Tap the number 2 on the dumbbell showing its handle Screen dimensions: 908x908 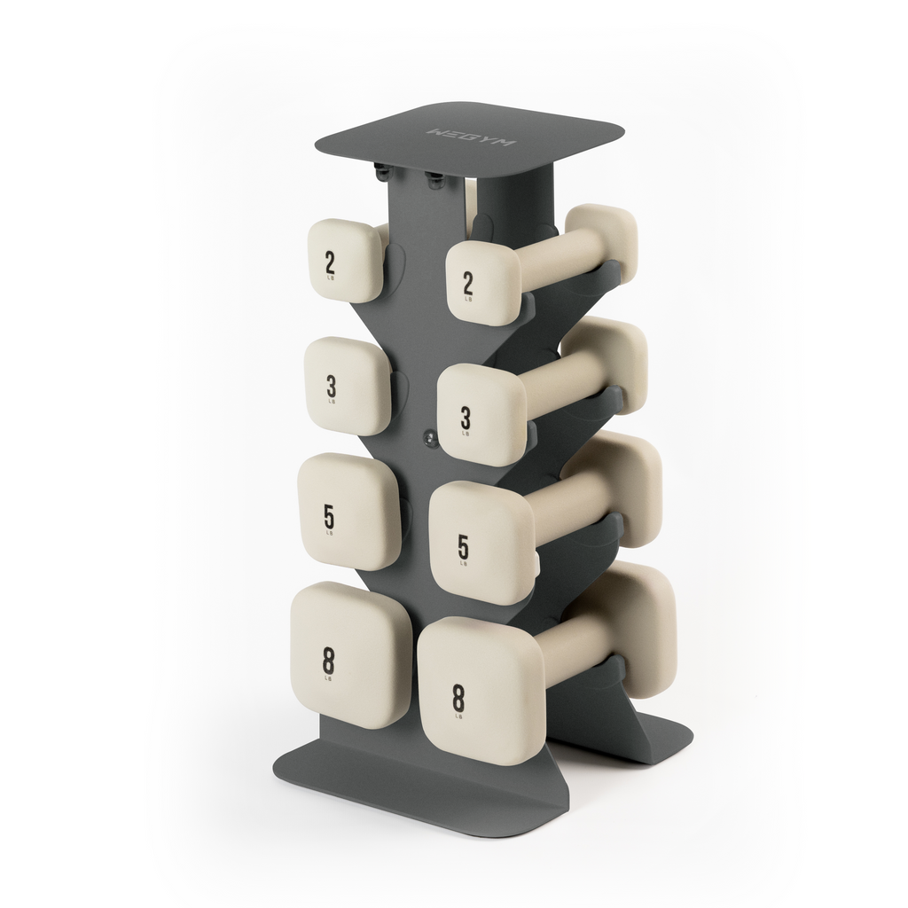(x=467, y=283)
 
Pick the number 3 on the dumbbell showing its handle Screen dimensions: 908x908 (x=465, y=417)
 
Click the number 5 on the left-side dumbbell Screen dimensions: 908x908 (x=329, y=516)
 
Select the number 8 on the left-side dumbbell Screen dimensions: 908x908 (x=329, y=660)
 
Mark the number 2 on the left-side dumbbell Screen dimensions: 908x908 (x=330, y=262)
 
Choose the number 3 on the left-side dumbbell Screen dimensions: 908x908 (x=331, y=386)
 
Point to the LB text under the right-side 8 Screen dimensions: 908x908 (x=458, y=716)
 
